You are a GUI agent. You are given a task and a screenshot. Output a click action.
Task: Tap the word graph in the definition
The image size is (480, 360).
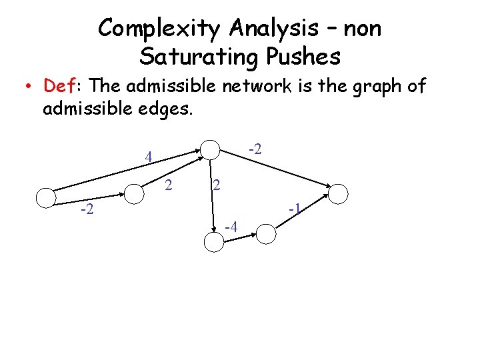click(369, 87)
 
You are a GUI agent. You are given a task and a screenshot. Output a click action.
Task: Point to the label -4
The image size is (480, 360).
click(231, 228)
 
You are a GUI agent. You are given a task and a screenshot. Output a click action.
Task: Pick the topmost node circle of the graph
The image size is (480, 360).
click(211, 150)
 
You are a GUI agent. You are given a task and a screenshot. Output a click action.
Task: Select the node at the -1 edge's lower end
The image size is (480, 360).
click(266, 233)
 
